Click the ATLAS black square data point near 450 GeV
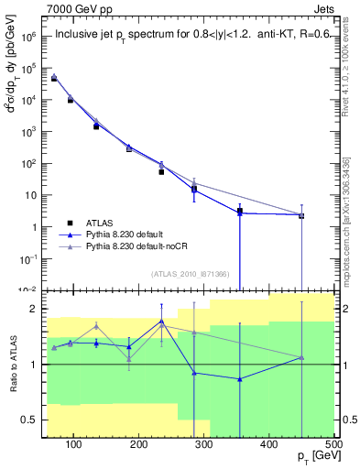pyautogui.click(x=302, y=216)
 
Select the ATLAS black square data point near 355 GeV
pyautogui.click(x=240, y=212)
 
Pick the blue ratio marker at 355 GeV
pyautogui.click(x=240, y=379)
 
